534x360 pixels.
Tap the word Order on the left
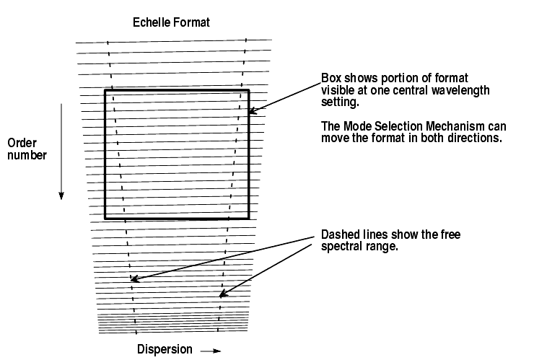click(21, 141)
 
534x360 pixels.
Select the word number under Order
click(25, 154)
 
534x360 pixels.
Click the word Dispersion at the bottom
click(165, 349)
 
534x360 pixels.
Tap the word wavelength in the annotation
click(462, 90)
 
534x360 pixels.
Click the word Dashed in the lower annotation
click(338, 235)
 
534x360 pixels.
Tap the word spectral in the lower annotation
click(341, 247)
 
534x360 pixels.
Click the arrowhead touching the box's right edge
click(253, 111)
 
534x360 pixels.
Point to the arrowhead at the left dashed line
click(133, 279)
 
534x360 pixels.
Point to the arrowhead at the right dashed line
click(222, 294)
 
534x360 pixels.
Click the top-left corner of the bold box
click(105, 91)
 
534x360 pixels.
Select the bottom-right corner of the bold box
click(248, 217)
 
